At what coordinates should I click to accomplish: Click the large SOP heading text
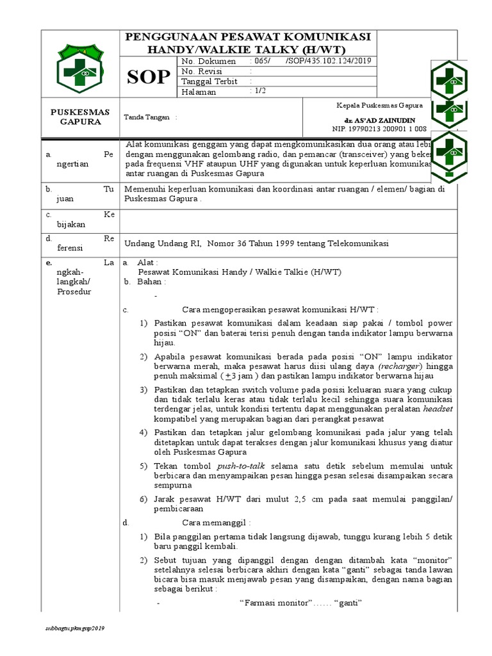pos(148,77)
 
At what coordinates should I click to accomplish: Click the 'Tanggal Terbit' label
pos(209,81)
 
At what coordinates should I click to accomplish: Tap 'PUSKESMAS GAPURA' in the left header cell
pos(80,117)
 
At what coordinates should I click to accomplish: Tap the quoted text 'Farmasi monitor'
pos(275,603)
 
